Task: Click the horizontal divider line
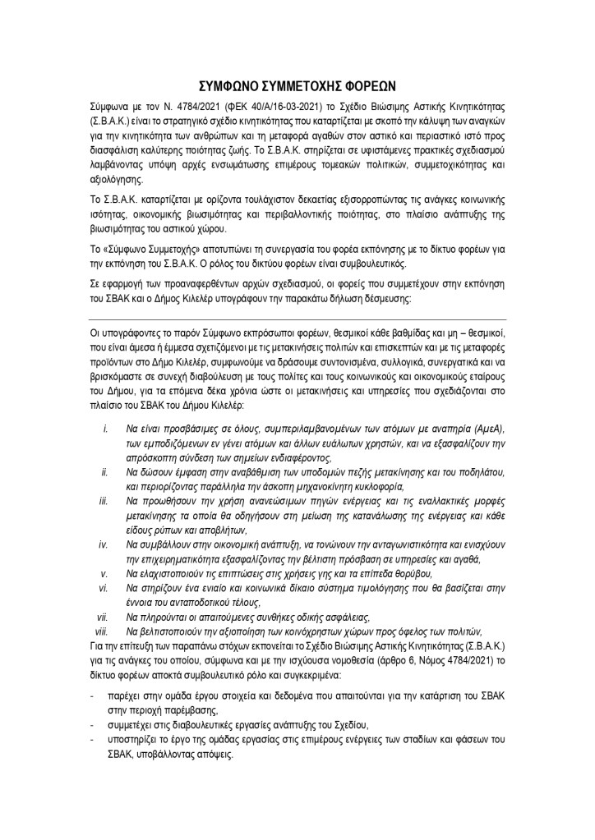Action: coord(297,319)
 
